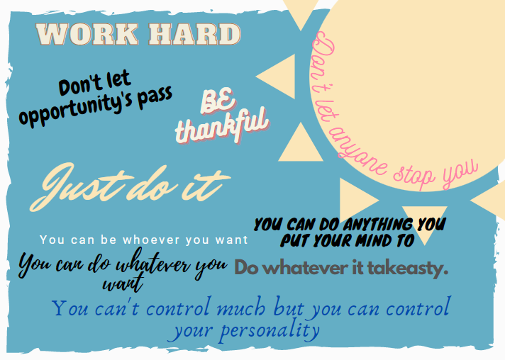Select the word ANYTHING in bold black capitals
coord(371,225)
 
